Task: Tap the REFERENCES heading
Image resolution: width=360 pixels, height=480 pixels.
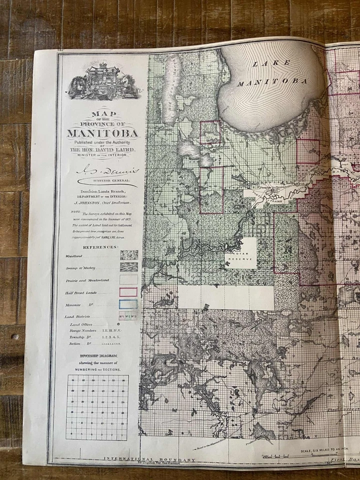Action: click(100, 247)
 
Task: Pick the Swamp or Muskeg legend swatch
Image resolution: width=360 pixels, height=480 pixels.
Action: click(129, 267)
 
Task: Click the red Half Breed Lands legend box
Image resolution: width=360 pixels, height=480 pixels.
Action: click(129, 292)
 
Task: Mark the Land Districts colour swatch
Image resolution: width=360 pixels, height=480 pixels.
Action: click(128, 316)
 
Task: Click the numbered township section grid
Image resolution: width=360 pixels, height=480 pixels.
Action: click(97, 407)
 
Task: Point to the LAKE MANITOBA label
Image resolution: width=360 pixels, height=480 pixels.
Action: click(272, 72)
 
